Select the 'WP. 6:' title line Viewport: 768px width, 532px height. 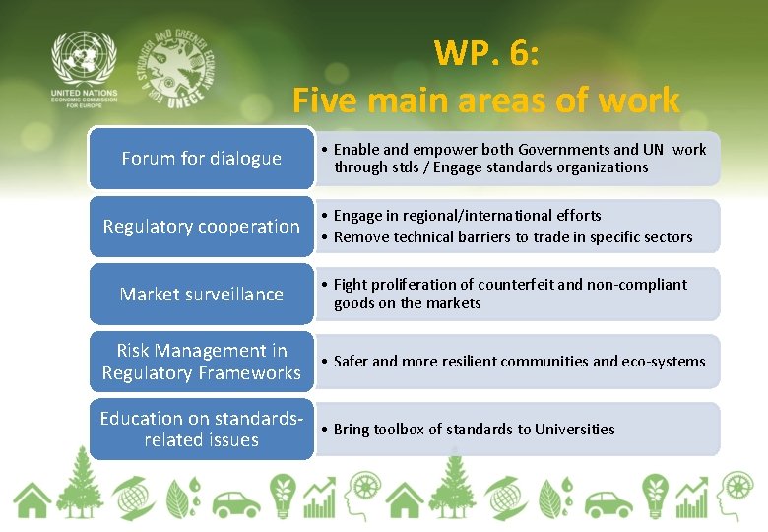(486, 53)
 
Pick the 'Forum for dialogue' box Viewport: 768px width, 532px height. (201, 158)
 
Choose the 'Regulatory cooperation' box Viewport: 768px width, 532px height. (201, 226)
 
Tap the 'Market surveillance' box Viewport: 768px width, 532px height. (201, 294)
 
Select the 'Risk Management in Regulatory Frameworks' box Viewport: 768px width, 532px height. (201, 362)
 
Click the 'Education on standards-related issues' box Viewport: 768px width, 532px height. (201, 430)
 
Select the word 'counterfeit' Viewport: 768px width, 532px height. (505, 285)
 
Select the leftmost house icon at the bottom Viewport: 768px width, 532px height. (32, 499)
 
